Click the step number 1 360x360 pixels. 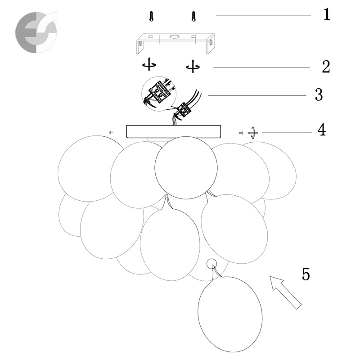coord(327,14)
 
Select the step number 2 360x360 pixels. coord(326,67)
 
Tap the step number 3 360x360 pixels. coord(319,95)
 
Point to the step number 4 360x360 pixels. coord(322,130)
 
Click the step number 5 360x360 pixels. coord(306,274)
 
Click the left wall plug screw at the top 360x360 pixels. coord(151,17)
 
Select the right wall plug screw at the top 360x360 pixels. coord(193,17)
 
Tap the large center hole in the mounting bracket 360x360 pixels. coord(174,36)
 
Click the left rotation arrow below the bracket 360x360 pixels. coord(149,64)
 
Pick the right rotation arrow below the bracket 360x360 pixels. coord(193,66)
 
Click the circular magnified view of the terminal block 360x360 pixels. coord(158,94)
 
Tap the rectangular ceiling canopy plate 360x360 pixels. coord(174,131)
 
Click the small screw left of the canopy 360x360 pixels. coord(112,132)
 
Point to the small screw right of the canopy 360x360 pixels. coord(241,133)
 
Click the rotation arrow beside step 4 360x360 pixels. coord(252,133)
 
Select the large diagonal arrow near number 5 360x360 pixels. coord(285,292)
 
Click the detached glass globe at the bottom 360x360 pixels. coord(230,314)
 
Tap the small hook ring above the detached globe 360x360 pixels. coord(211,264)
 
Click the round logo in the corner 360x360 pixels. coord(36,32)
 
